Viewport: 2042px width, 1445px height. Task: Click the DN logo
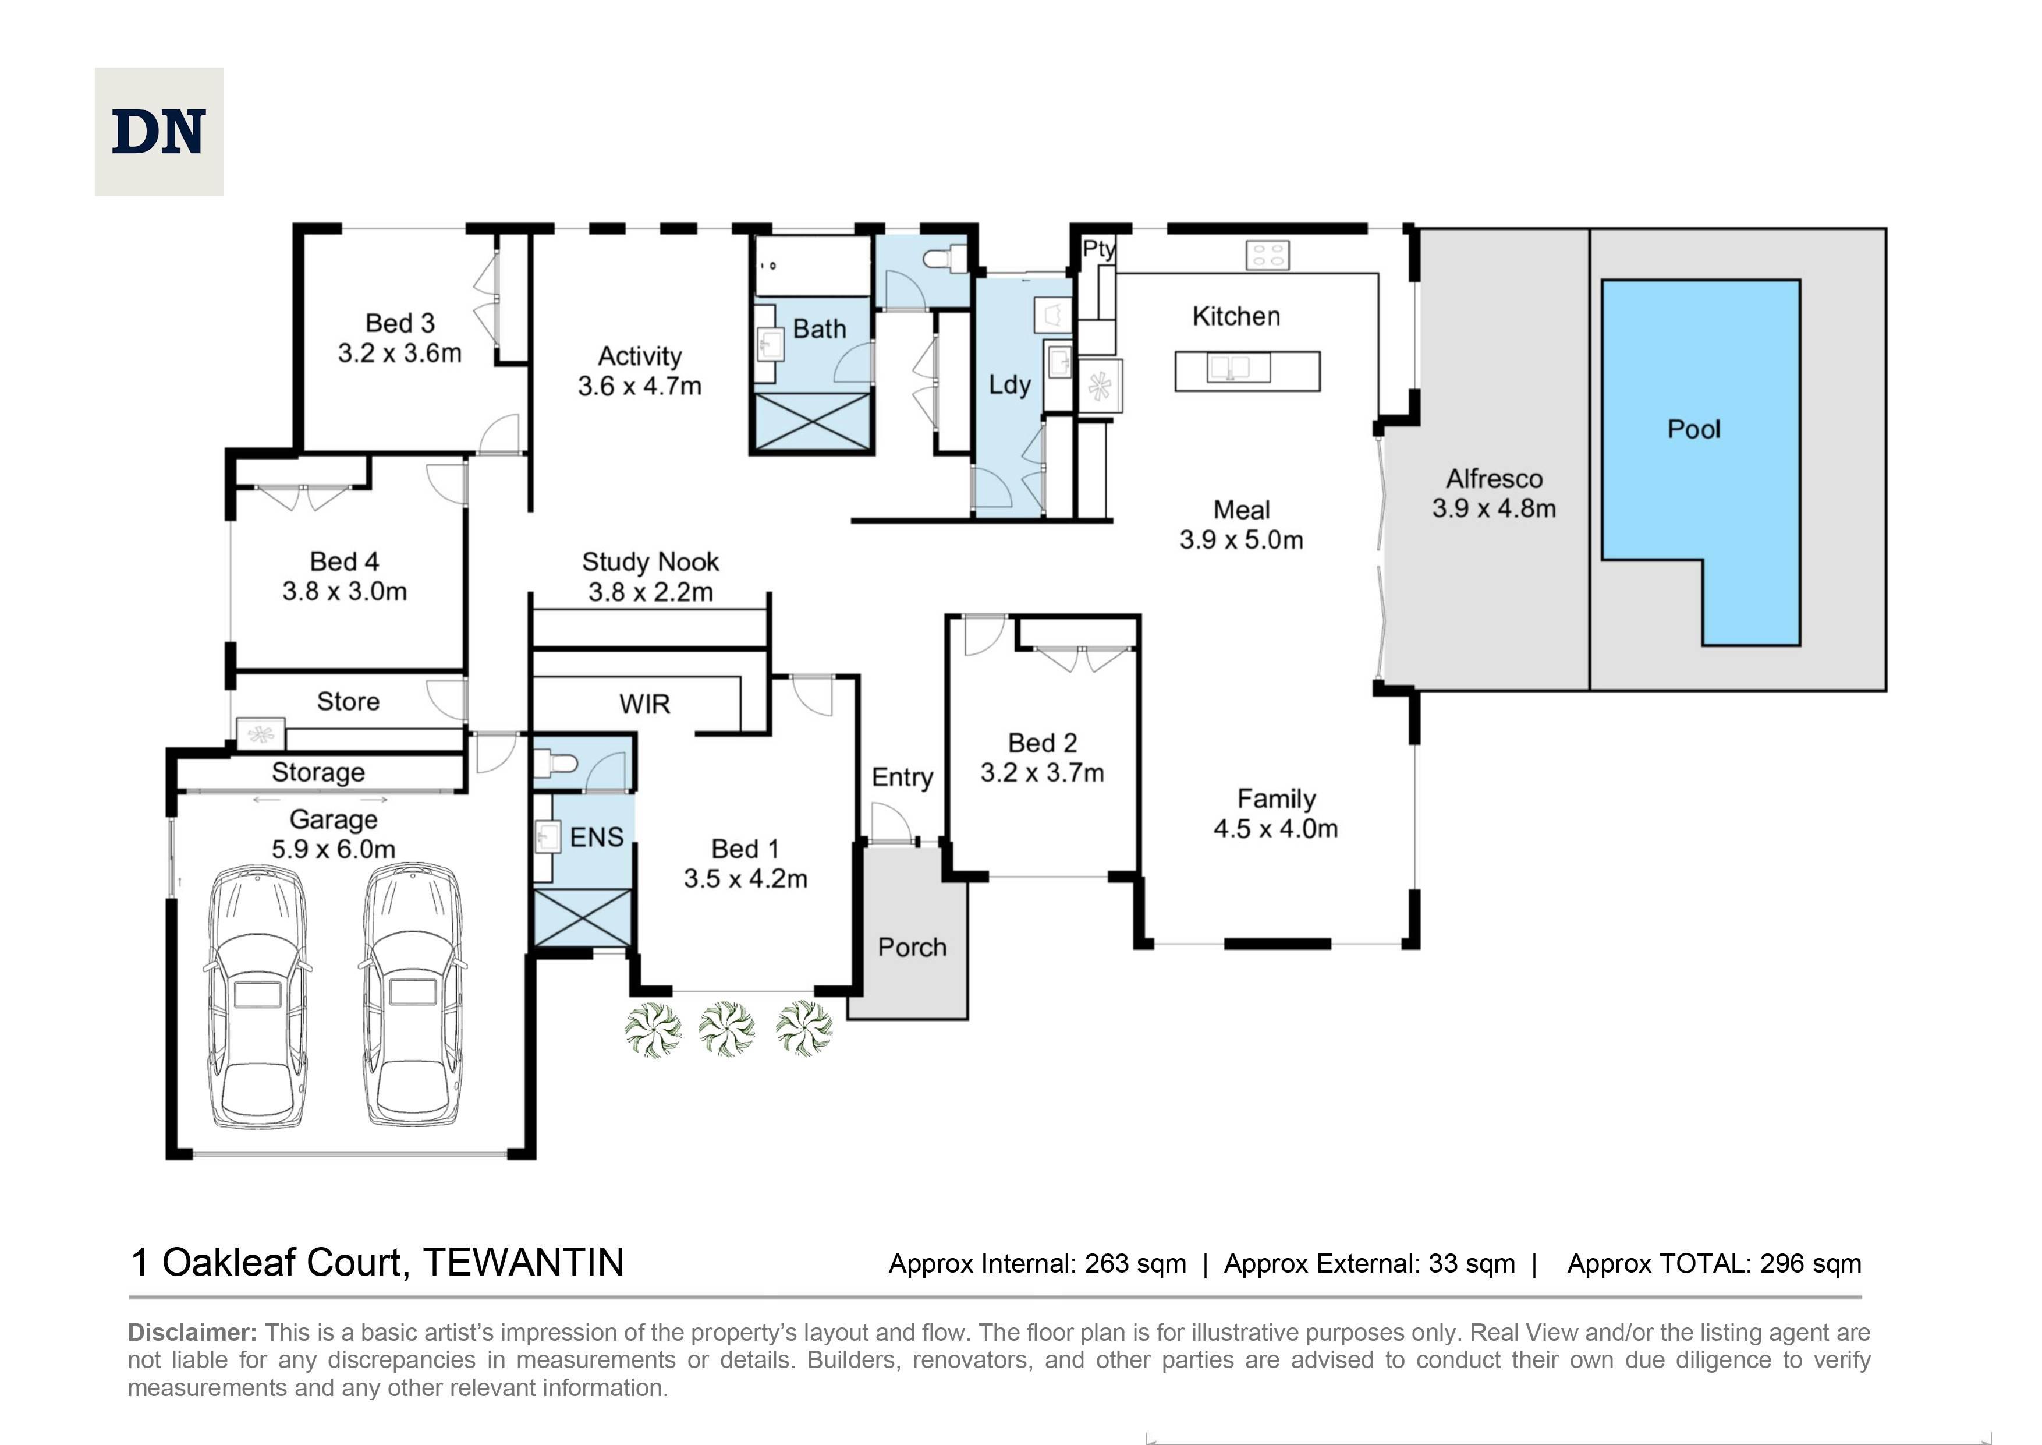click(159, 132)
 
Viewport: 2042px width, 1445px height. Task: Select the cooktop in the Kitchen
click(1267, 255)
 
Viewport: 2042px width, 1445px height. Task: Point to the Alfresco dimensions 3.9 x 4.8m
click(1494, 509)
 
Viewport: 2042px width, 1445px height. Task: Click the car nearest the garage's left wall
click(258, 996)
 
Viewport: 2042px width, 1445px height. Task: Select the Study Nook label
click(650, 563)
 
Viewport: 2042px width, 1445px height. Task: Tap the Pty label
click(1098, 250)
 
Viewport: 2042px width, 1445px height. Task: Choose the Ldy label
click(1009, 385)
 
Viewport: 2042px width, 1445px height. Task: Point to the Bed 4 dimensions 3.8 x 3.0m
click(345, 592)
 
